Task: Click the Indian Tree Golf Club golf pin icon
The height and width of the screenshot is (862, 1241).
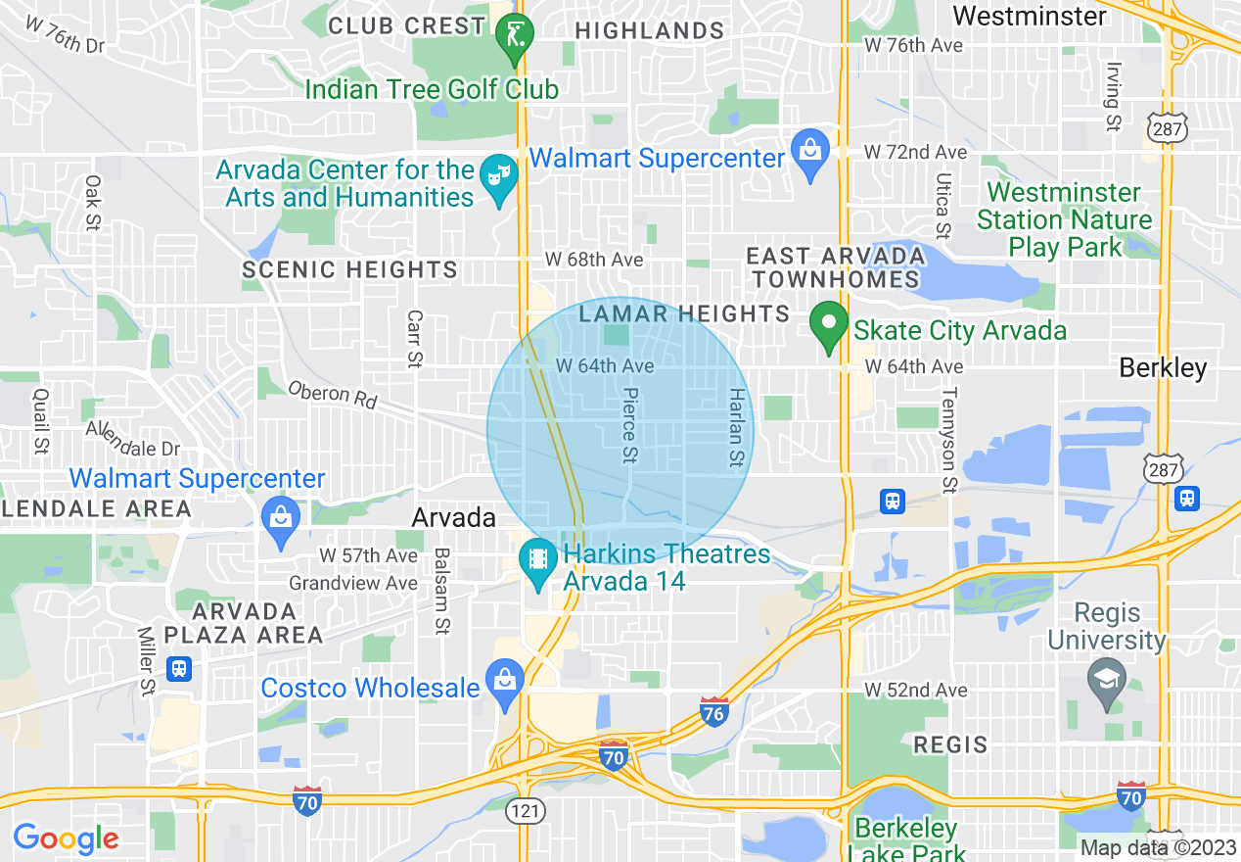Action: point(515,35)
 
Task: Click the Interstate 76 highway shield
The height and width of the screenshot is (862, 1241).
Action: point(714,712)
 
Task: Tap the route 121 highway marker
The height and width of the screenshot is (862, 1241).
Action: point(521,810)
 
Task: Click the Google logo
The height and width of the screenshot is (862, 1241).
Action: point(66,838)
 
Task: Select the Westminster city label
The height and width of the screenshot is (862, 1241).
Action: point(1029,16)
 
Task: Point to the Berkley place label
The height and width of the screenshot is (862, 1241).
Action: point(1163,368)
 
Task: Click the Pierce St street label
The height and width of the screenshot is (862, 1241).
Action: point(629,426)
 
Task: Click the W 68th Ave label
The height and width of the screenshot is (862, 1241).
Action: point(594,260)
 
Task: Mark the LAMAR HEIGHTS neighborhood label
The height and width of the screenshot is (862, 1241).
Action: point(684,313)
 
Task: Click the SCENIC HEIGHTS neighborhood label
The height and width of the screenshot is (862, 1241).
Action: point(349,269)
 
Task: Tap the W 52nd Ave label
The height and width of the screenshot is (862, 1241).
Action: point(915,691)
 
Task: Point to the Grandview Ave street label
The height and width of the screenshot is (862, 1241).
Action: point(353,583)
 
